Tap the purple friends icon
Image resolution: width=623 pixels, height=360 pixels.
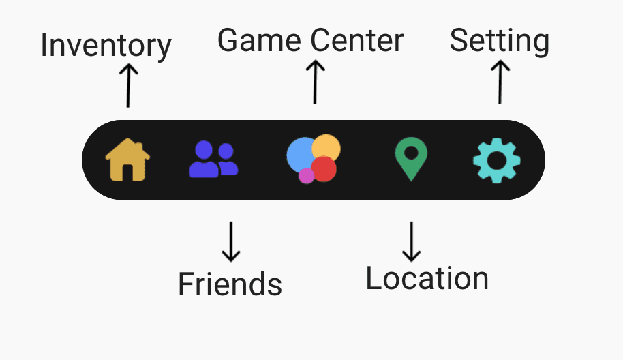coord(213,160)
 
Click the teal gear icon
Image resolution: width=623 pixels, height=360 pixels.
coord(497,160)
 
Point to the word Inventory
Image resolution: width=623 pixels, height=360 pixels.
coord(106,46)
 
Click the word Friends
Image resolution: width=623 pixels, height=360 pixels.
coord(230,284)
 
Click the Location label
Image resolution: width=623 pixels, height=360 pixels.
coord(427,279)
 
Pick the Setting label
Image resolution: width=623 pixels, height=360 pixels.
coord(499,42)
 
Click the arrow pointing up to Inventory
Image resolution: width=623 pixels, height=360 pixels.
coord(127,85)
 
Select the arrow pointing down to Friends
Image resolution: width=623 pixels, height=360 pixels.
coord(232,241)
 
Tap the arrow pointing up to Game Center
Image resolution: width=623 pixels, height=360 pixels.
coord(314,81)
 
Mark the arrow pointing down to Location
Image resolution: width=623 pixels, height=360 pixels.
coord(411,241)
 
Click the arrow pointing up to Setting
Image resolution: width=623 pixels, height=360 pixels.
coord(500,81)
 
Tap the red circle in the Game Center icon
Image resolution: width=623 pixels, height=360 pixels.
coord(324,169)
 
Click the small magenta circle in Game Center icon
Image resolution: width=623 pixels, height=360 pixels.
coord(306,176)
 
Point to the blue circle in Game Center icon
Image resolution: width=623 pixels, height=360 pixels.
coord(299,154)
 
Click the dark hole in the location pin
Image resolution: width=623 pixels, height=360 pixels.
coord(411,152)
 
